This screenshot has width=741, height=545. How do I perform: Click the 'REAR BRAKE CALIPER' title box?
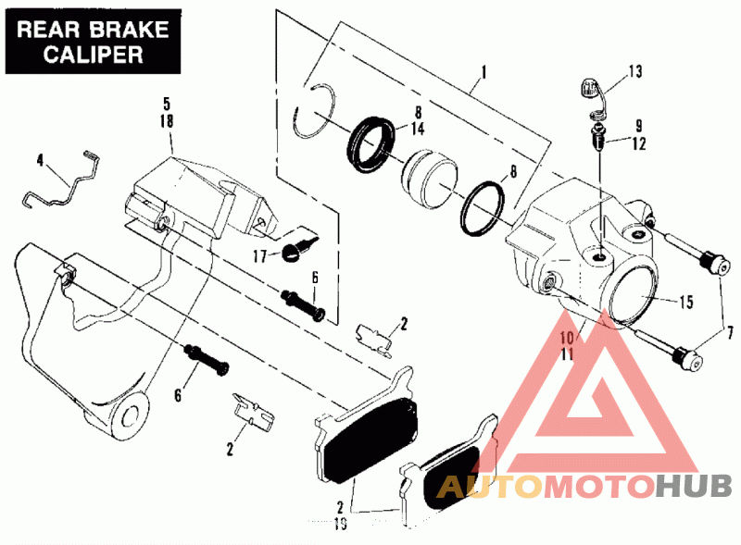pos(92,40)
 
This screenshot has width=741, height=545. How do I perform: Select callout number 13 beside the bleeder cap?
pos(634,71)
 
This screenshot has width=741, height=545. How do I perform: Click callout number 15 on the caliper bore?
pos(685,303)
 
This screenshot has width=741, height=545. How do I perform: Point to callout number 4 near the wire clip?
pos(40,160)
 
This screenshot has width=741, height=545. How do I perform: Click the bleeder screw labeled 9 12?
pos(600,142)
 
